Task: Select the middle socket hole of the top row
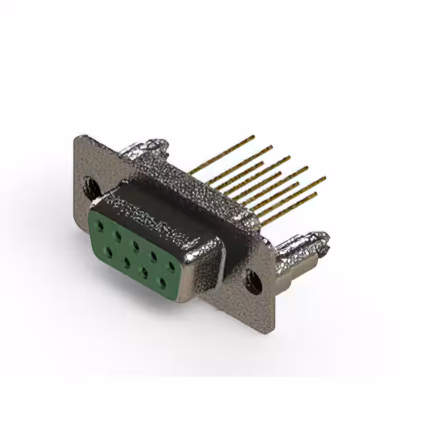coord(135,245)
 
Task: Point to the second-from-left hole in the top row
coord(118,235)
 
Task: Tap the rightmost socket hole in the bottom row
coord(162,282)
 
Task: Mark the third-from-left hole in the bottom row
coord(143,272)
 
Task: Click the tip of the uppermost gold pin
coord(253,137)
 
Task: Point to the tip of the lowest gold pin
coord(315,194)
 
